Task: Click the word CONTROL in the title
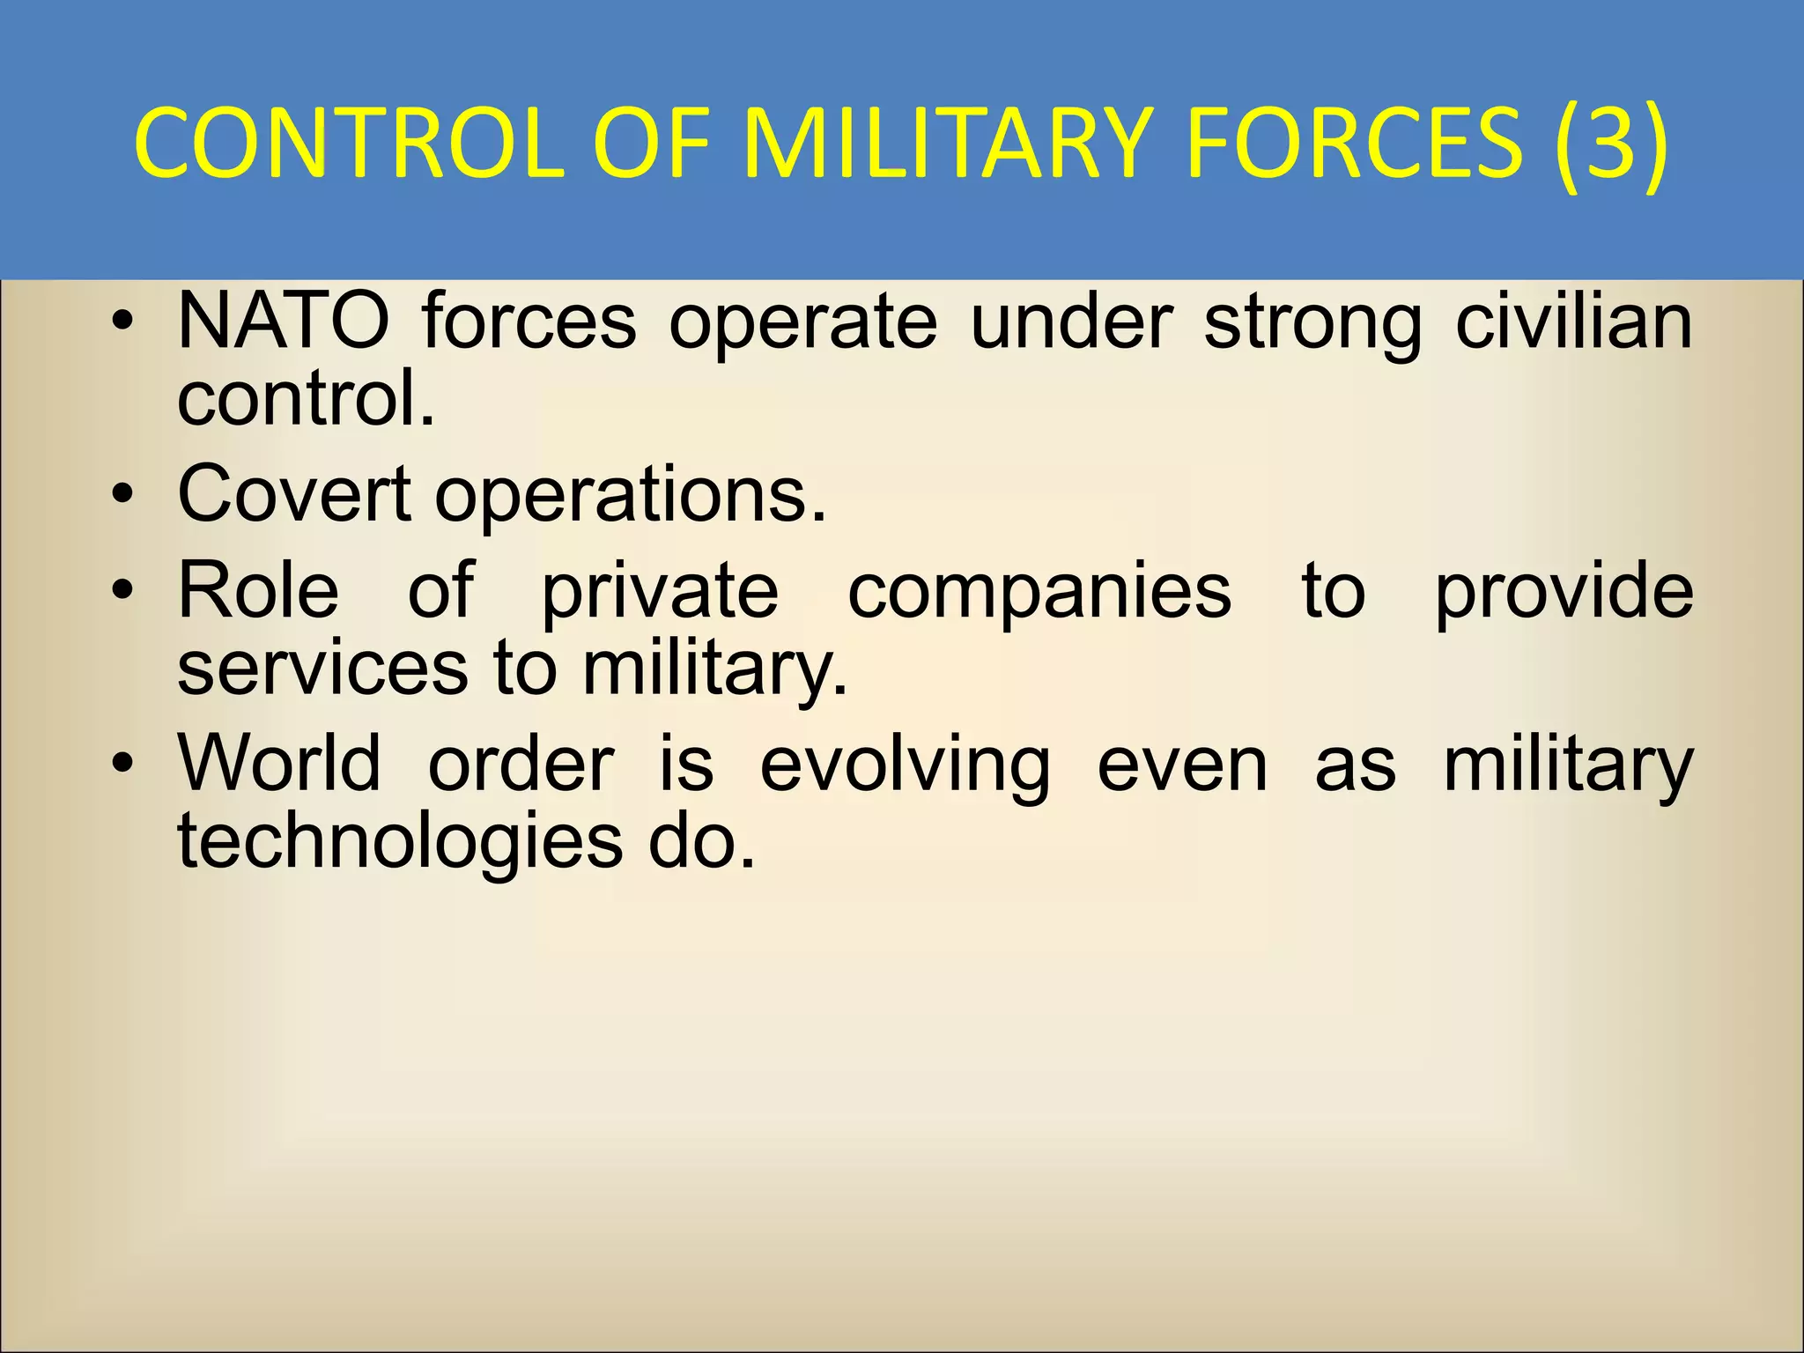[x=349, y=144]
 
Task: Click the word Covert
[x=293, y=493]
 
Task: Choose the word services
[x=322, y=668]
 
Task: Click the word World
[x=279, y=763]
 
